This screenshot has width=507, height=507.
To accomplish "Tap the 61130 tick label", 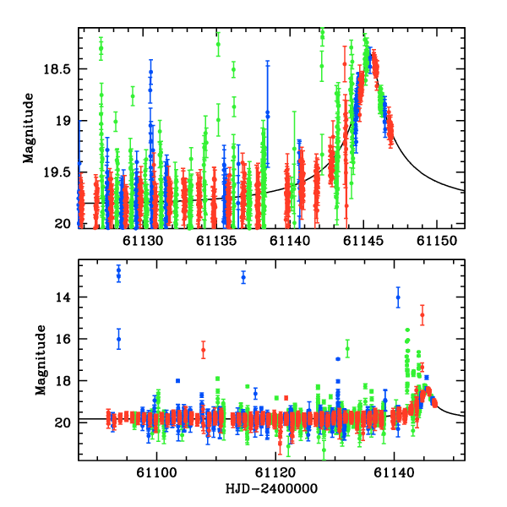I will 144,241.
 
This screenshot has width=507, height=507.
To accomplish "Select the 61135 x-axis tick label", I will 217,241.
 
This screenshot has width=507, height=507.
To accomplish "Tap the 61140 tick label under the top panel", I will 291,241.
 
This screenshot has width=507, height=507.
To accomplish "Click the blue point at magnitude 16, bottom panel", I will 118,339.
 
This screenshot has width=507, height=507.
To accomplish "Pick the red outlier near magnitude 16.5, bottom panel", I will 203,350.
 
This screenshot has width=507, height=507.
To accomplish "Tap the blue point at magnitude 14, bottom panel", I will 398,297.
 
